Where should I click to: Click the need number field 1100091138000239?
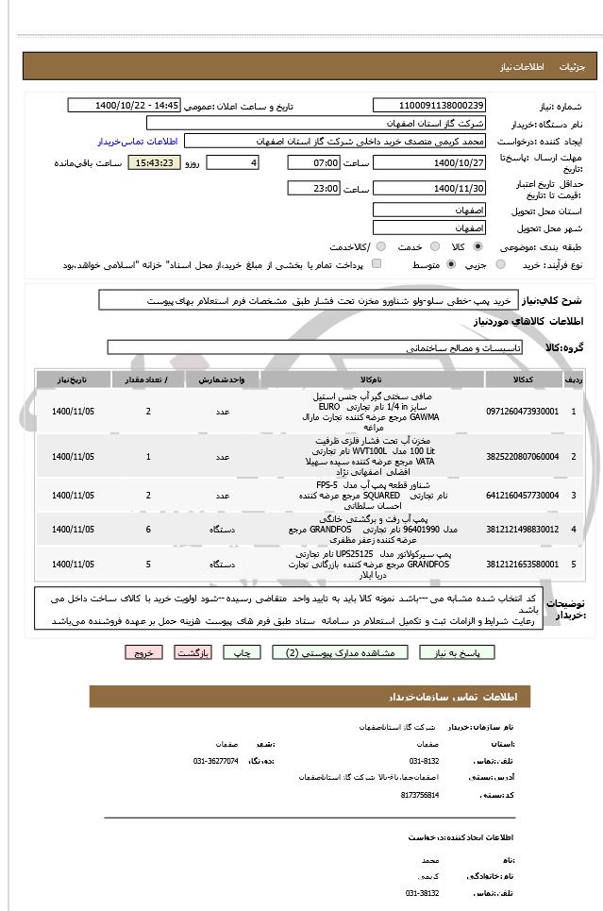430,105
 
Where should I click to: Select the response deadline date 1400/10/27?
430,163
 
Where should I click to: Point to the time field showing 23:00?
312,189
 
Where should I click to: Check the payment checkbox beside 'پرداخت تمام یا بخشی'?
377,265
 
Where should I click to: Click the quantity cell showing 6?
148,529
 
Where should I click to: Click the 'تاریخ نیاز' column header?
73,380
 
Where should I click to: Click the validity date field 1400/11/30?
430,189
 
